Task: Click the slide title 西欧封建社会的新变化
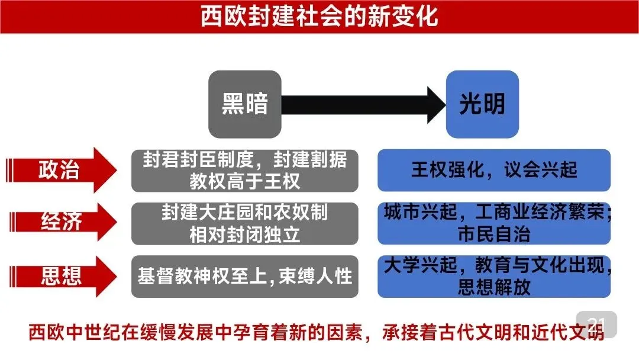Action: tap(319, 16)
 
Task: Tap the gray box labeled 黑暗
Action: tap(244, 104)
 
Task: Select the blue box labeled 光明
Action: tap(482, 104)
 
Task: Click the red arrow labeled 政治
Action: tap(59, 171)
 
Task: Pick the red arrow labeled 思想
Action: tap(59, 277)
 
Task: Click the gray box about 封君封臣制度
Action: tap(244, 171)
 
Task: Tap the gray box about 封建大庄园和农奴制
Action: tap(244, 223)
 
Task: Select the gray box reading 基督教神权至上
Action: tap(244, 277)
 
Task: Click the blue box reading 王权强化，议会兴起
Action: tap(494, 171)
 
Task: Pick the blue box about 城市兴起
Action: tap(494, 223)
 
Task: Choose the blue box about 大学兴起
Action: tap(494, 277)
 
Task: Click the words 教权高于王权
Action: tap(244, 181)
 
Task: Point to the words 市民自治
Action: tap(494, 234)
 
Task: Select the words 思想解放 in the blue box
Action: tap(494, 287)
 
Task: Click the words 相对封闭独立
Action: tap(244, 234)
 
